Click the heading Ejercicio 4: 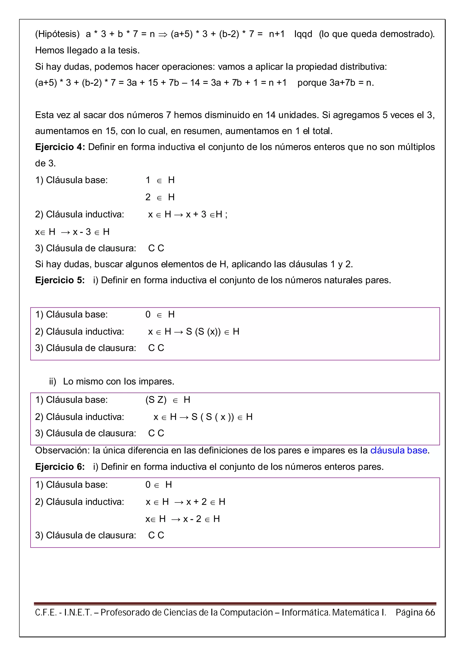pos(60,147)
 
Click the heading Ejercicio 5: pos(60,280)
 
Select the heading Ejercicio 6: pos(60,467)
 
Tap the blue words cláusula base pos(399,450)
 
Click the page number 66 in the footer pos(430,612)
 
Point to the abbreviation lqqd pos(303,34)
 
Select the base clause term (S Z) pos(156,400)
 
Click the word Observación pos(62,450)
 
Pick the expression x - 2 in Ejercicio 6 pos(192,519)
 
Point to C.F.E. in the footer pos(46,612)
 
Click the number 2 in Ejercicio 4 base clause pos(148,197)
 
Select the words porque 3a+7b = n pos(335,83)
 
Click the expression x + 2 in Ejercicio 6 pos(196,502)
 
